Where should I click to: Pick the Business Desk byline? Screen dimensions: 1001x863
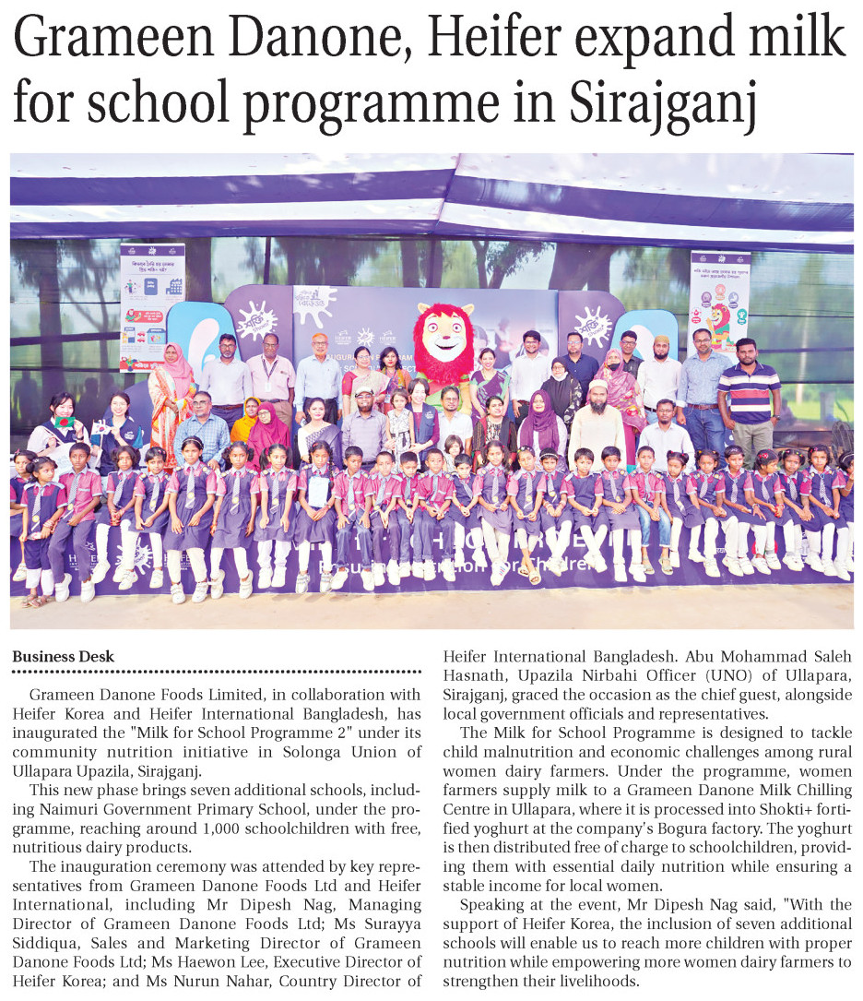pyautogui.click(x=64, y=657)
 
